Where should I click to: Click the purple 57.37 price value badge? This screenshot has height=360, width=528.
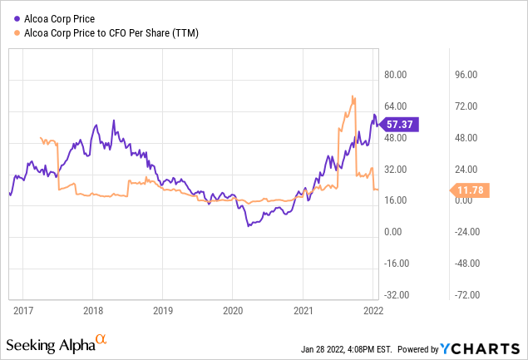[x=400, y=124]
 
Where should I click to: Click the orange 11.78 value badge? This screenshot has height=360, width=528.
[x=471, y=190]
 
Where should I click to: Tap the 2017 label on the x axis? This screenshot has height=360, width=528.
[x=23, y=310]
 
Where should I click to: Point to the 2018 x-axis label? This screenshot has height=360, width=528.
[x=93, y=310]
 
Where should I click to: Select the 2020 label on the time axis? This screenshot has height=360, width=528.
[x=233, y=310]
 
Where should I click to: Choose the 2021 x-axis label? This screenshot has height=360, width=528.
[x=303, y=310]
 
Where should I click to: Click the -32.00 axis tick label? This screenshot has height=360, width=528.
[x=398, y=294]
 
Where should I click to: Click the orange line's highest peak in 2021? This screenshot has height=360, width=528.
[x=353, y=96]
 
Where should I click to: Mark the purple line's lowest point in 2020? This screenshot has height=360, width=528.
[x=248, y=225]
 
